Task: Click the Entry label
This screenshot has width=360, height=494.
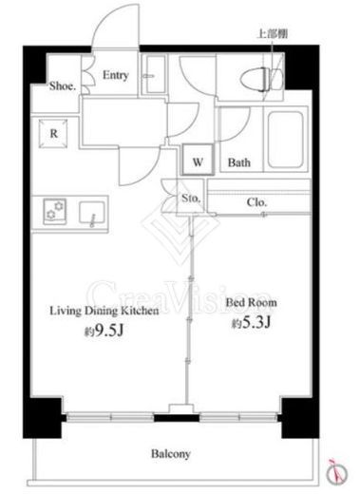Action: tap(116, 75)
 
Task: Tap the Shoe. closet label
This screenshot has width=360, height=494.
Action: tap(63, 85)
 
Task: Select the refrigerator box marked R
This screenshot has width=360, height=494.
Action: tap(53, 133)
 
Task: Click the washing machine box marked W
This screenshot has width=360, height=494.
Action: tap(198, 159)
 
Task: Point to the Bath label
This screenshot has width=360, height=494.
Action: tap(239, 162)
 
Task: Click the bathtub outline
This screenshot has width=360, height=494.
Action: tap(286, 140)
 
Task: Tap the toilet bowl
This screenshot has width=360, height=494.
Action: tap(255, 78)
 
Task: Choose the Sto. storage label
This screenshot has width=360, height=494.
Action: tap(191, 199)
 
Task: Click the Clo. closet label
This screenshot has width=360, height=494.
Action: tap(256, 202)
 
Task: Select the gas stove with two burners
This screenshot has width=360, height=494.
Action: tap(55, 211)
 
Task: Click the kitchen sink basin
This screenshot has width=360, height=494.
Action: tap(92, 213)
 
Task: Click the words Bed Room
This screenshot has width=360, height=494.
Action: tap(251, 302)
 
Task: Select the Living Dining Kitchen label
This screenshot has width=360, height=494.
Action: tap(104, 311)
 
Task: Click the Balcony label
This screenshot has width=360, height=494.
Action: tap(171, 454)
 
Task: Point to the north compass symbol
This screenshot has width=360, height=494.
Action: tap(337, 472)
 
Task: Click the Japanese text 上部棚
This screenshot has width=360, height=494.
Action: tap(273, 34)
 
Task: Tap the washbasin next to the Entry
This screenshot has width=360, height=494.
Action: tap(154, 74)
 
